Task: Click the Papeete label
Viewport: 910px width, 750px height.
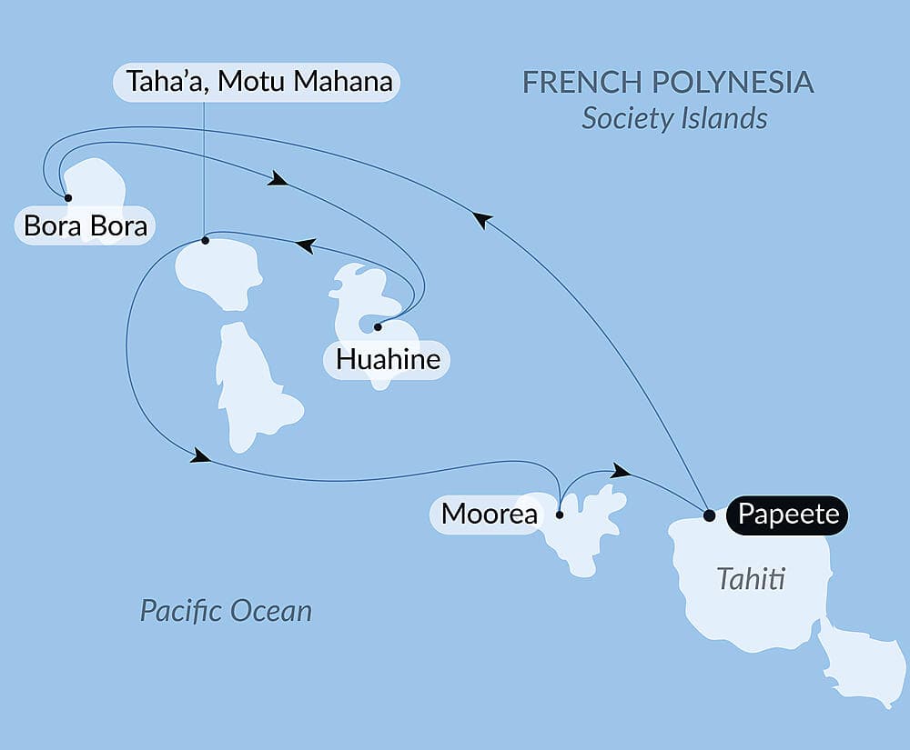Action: coord(788,515)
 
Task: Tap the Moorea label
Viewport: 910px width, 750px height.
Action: coord(488,515)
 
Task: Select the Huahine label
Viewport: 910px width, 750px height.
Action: coord(388,359)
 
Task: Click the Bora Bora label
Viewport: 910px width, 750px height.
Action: coord(86,225)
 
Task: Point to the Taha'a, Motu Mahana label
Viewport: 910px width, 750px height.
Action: coord(259,82)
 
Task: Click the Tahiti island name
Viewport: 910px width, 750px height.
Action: coord(751,579)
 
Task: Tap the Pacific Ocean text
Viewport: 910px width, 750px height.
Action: coord(226,610)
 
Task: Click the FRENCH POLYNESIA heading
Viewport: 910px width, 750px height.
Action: coord(668,82)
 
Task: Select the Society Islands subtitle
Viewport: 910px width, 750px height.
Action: coord(674,118)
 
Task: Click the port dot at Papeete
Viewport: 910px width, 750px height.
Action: coord(710,515)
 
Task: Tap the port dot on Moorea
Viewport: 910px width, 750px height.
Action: coord(559,515)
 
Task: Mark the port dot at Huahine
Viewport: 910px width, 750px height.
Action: coord(377,325)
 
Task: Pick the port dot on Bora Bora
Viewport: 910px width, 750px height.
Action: coord(67,197)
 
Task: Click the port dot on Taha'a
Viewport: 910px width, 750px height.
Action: coord(205,241)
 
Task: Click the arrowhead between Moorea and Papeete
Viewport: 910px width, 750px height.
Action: coord(622,470)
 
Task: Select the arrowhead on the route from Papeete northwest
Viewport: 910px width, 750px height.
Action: coord(482,219)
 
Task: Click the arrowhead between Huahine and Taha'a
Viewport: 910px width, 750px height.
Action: coord(305,245)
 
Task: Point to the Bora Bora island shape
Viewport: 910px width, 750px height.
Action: coord(98,187)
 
